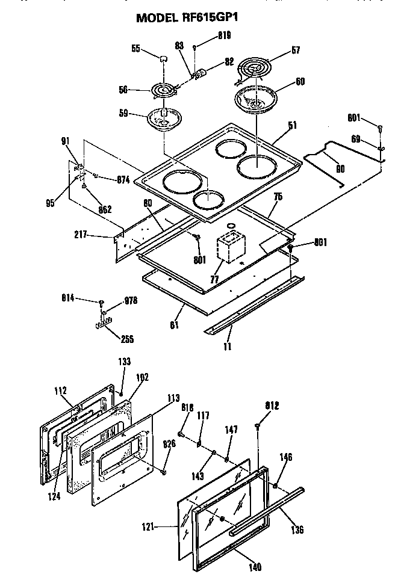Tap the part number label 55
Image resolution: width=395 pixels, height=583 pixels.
pyautogui.click(x=137, y=49)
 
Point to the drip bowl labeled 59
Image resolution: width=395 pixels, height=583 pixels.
pyautogui.click(x=163, y=117)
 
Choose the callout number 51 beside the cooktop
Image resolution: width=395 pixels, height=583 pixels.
pyautogui.click(x=293, y=126)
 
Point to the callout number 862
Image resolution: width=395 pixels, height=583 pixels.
pyautogui.click(x=104, y=210)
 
